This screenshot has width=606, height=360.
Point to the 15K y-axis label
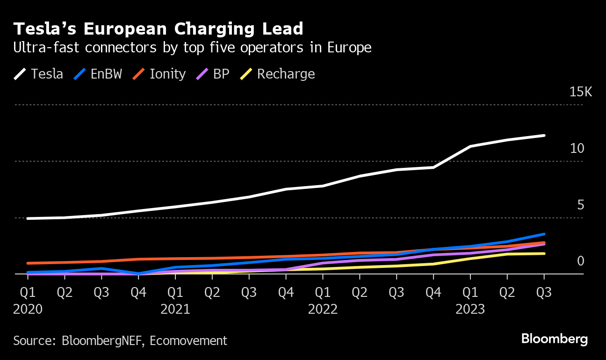tap(580, 92)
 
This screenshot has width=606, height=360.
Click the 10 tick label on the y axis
tap(577, 149)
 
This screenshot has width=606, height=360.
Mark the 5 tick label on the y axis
tap(580, 205)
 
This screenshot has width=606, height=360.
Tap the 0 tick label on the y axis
tap(580, 261)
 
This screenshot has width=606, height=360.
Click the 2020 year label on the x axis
tap(28, 310)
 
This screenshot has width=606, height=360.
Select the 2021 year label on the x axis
tap(175, 310)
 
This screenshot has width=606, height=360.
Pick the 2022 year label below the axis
tap(323, 310)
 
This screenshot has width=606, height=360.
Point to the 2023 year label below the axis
tap(470, 310)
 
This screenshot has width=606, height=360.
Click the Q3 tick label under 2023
tap(544, 293)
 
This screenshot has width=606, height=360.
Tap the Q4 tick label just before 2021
tap(138, 293)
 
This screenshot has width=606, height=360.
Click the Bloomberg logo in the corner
tap(555, 339)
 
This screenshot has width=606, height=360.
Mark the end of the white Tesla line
tap(544, 136)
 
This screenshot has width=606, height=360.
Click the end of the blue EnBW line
tap(544, 234)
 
